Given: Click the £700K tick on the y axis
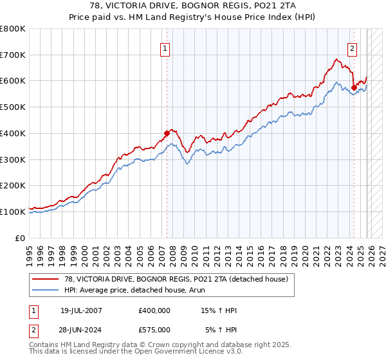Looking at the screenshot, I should point(13,55).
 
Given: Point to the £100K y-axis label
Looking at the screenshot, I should point(13,212).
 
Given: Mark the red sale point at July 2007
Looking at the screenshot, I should point(167,134).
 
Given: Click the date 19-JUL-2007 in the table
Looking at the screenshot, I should point(81,310).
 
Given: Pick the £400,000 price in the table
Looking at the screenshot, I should point(154,310).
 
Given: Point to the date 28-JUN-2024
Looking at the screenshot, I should point(81,329).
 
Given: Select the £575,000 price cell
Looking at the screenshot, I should point(154,329).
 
